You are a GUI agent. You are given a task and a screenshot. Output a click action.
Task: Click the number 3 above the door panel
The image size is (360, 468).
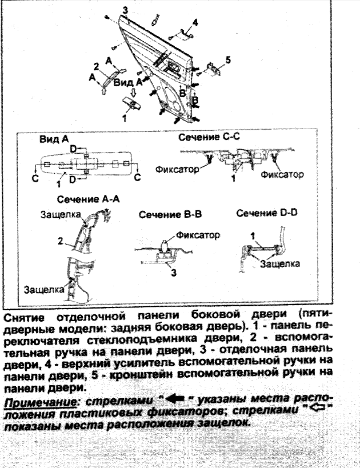click(125, 10)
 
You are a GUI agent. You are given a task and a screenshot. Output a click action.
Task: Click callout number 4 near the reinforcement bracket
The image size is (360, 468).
click(195, 22)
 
